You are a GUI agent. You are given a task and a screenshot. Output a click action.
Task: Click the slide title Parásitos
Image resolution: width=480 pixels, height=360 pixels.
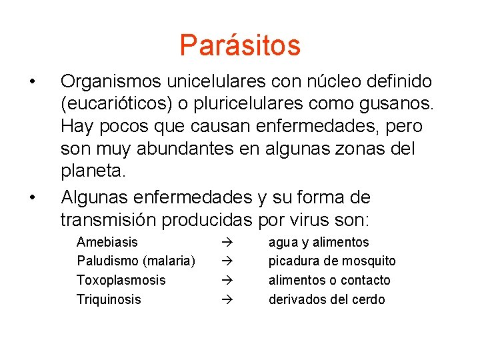[240, 45]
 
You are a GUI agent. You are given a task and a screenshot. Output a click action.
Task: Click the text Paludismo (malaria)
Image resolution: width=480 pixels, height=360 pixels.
[136, 261]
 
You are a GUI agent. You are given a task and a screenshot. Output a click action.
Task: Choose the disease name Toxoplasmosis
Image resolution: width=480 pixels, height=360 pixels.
[121, 280]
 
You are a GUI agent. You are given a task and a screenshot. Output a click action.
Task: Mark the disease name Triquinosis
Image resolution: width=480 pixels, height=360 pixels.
[109, 299]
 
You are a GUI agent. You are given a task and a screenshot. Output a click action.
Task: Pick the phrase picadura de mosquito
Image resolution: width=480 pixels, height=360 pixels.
[331, 261]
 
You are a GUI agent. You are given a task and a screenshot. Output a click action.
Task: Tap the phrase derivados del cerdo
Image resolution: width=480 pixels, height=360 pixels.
[327, 299]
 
